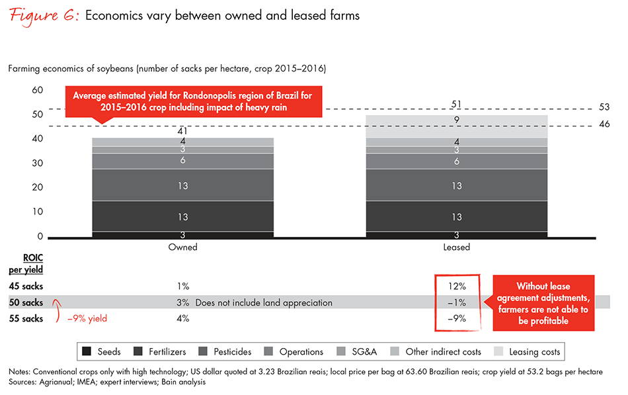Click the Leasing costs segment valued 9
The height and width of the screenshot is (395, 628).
click(457, 121)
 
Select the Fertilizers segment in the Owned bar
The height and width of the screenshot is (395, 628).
click(182, 217)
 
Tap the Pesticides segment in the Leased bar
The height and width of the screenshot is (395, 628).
click(457, 186)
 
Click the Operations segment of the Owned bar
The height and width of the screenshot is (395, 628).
click(182, 161)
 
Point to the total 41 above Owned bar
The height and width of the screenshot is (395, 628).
click(182, 131)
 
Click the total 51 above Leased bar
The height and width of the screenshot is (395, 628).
click(457, 104)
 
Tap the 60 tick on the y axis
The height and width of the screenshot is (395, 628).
click(38, 90)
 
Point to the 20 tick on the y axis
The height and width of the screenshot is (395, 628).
click(38, 188)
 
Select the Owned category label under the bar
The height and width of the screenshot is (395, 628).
click(183, 247)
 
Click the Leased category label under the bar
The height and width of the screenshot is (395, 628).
click(457, 247)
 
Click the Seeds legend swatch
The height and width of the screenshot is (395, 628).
click(86, 352)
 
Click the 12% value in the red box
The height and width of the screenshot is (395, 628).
click(457, 286)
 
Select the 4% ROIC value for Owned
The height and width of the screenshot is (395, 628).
click(182, 318)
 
